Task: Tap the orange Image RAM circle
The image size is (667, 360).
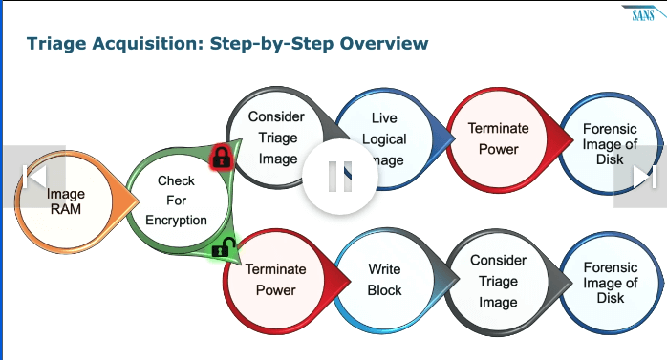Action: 66,202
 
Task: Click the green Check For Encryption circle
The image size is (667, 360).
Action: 176,201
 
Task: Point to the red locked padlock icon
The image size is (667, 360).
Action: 221,157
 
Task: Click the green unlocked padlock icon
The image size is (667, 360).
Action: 223,248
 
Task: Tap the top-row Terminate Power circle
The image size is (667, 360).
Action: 498,138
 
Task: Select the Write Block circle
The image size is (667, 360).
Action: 384,280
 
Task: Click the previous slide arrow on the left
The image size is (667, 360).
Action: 34,176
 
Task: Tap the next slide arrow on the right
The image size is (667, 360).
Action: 643,176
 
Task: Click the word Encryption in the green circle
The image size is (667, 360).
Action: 176,220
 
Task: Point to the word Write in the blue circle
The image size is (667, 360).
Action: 384,270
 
